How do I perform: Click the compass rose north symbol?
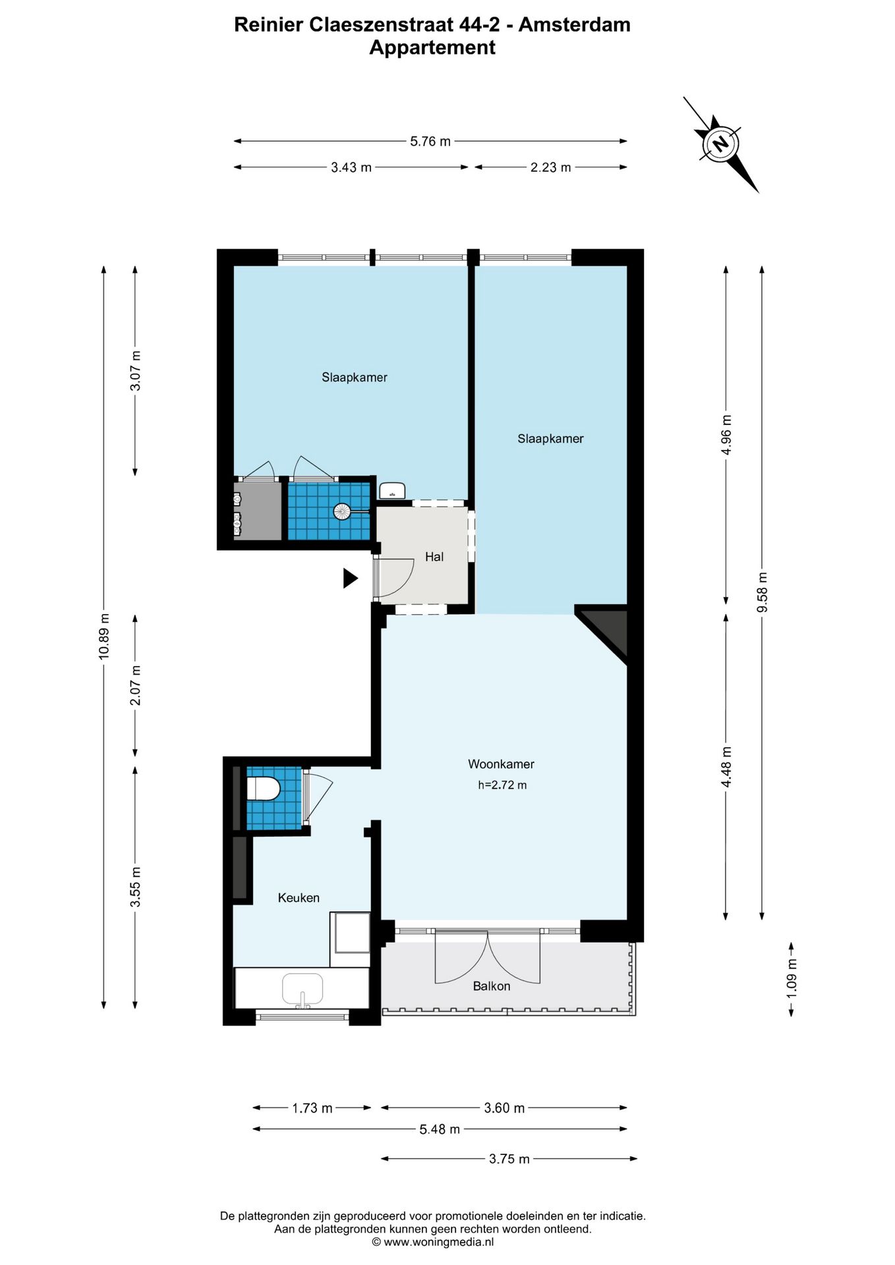pos(720,143)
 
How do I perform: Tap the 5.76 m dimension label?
pos(430,141)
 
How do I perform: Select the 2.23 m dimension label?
pos(550,167)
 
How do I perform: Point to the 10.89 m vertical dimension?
pos(103,636)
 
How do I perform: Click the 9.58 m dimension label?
pos(762,592)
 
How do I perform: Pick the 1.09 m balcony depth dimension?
pos(792,978)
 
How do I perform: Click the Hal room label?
pos(434,557)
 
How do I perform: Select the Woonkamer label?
pos(501,764)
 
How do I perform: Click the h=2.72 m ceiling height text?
pos(502,785)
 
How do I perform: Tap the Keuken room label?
pos(299,898)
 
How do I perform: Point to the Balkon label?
pos(491,986)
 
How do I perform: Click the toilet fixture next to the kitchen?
pos(264,789)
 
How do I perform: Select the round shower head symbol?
pos(341,511)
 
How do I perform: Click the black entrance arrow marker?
pos(350,578)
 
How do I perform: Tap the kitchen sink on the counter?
pos(303,990)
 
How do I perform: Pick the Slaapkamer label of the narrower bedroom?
pos(550,439)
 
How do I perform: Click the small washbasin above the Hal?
pos(392,491)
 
